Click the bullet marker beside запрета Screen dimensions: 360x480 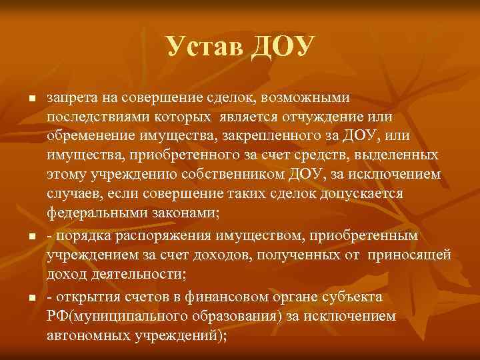tap(31, 99)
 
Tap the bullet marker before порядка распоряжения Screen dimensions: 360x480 tap(31, 237)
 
